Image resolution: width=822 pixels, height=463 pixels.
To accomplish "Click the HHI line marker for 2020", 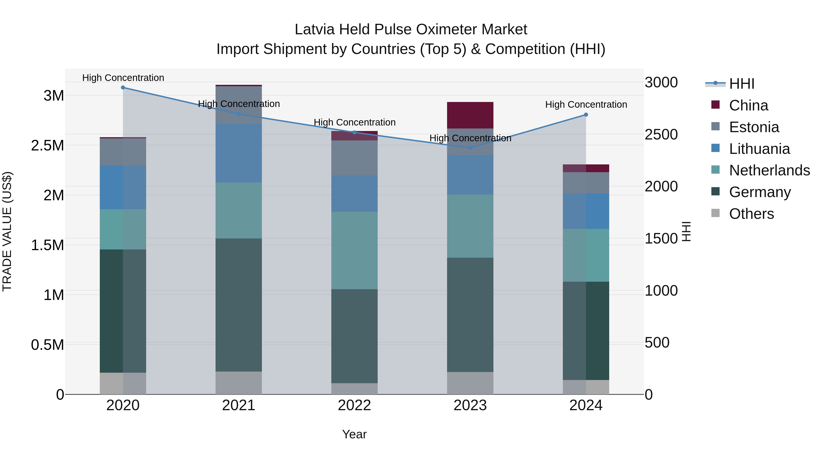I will [123, 88].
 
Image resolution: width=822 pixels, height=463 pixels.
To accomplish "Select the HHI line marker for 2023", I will [470, 148].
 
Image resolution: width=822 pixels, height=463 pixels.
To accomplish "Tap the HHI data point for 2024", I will [586, 115].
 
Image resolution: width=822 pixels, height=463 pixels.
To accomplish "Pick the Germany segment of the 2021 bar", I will [239, 305].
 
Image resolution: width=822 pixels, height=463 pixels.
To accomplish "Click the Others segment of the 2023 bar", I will [470, 383].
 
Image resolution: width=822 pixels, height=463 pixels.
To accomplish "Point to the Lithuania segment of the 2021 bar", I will [239, 153].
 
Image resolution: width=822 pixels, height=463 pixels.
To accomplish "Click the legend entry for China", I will [748, 105].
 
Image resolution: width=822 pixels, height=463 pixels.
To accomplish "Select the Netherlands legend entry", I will [769, 170].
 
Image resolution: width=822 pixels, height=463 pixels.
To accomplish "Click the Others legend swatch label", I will [751, 214].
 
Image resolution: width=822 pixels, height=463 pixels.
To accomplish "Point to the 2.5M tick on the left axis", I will [47, 146].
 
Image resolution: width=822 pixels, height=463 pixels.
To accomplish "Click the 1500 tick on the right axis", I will [661, 239].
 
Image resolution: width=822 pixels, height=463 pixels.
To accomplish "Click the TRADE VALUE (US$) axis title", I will [7, 231].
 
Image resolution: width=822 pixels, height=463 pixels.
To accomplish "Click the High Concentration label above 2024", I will [586, 104].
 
